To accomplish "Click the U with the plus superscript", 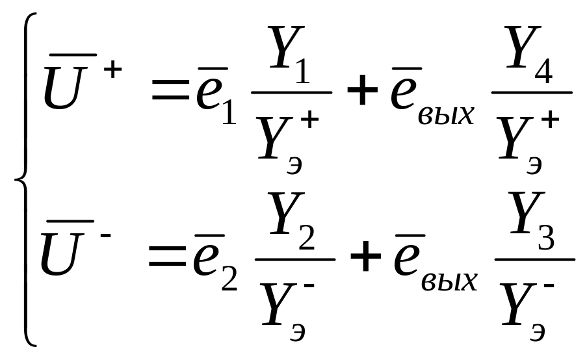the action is (63, 88).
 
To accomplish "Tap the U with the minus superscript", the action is (60, 254).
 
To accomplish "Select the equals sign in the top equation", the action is (171, 93).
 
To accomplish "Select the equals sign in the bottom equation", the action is (168, 259).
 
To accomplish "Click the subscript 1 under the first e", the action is (229, 112).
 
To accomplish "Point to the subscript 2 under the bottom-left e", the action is (229, 279).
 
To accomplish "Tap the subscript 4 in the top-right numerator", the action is (543, 71).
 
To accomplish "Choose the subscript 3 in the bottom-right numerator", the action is (546, 238).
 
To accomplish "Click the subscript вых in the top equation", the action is (446, 115).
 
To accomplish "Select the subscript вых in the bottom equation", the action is (449, 281).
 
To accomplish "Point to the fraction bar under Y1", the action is (292, 92).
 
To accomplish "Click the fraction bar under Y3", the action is (535, 259).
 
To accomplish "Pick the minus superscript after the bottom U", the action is (105, 235).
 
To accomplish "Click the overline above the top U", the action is (73, 55).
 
